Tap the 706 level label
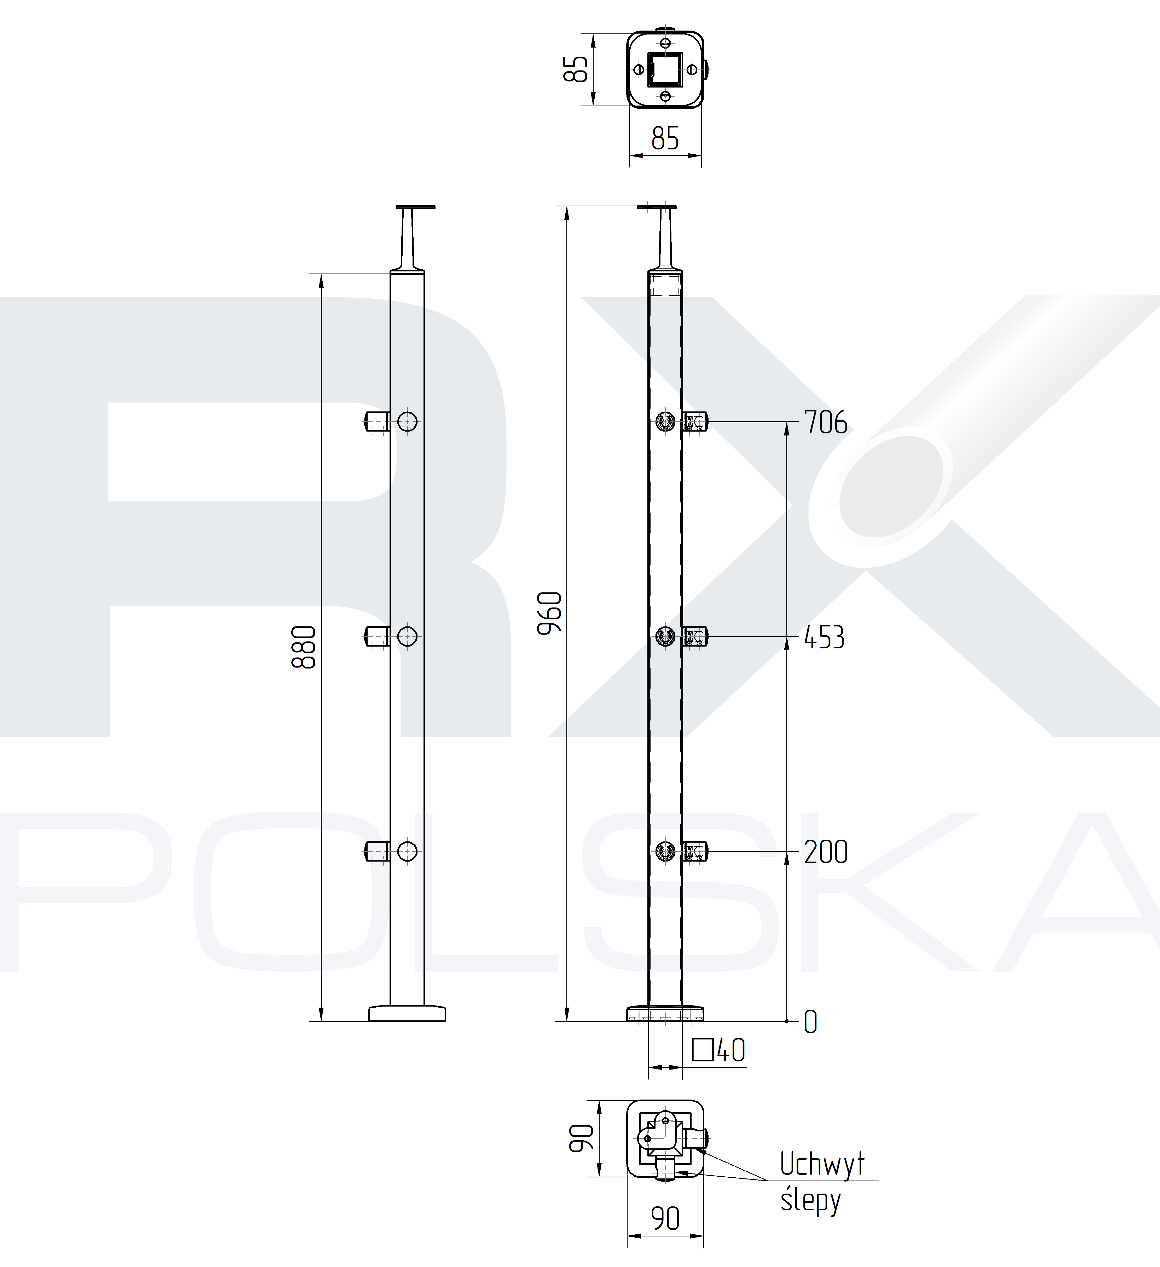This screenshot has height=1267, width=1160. tap(826, 422)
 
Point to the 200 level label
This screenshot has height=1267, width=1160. tap(826, 852)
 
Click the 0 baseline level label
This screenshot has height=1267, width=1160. tap(811, 1022)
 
